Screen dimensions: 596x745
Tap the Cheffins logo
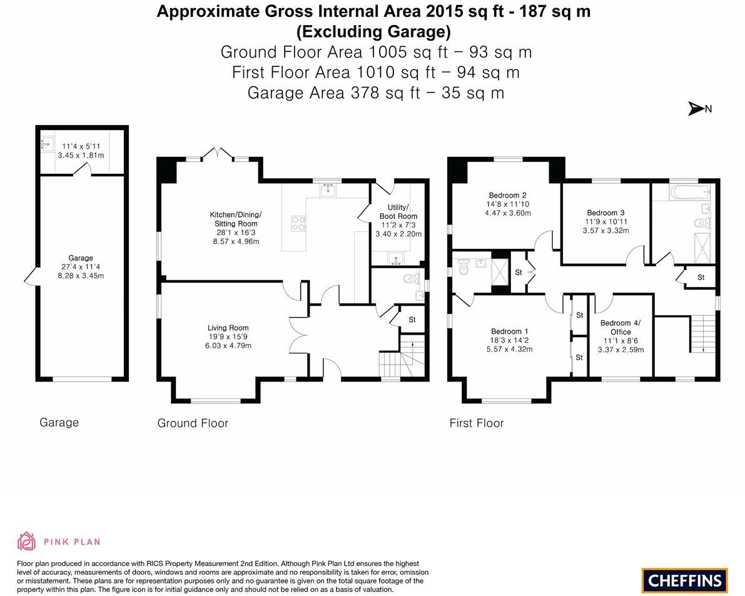point(684,580)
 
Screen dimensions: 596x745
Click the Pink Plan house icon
point(26,541)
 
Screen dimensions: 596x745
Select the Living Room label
point(228,328)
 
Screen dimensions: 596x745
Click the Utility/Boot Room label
point(398,211)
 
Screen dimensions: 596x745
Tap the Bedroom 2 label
point(507,195)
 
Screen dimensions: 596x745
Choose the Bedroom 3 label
point(606,213)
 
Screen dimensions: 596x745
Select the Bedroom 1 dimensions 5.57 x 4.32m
point(509,350)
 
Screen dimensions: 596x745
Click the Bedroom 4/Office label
point(620,327)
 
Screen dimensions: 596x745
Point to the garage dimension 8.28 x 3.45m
point(81,275)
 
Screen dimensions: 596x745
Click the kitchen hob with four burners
point(298,223)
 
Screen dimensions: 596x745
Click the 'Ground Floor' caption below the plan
point(193,423)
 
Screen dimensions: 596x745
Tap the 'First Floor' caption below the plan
point(476,423)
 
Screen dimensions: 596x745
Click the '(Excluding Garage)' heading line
point(373,31)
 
